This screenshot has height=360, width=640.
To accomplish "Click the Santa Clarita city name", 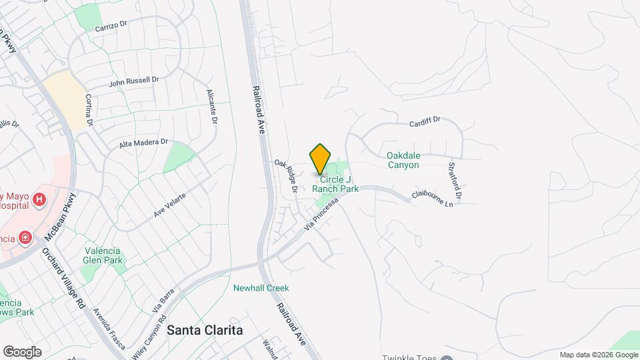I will (205, 330).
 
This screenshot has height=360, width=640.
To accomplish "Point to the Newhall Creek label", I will (261, 288).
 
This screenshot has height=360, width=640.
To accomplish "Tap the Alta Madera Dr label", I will (143, 143).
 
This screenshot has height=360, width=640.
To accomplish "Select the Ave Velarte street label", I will (170, 203).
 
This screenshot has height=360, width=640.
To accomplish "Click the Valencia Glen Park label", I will (101, 255).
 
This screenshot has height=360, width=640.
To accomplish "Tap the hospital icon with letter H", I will (39, 199).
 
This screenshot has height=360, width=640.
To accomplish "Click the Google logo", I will (22, 351).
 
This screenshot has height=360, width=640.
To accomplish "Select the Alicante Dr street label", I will (212, 107).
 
